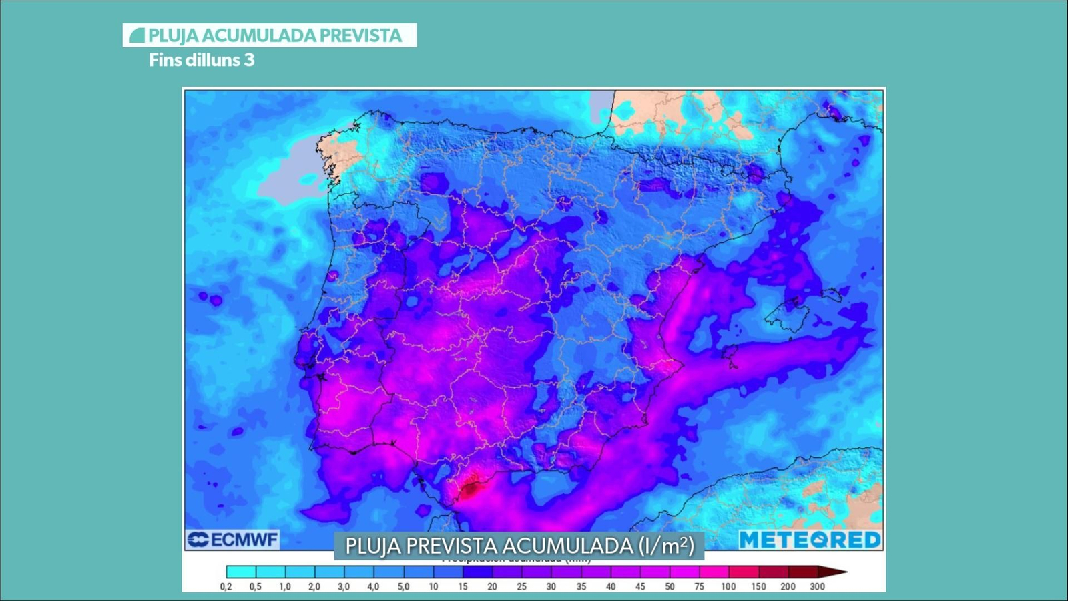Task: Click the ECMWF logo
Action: [x=232, y=540]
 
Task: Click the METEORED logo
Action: [x=810, y=540]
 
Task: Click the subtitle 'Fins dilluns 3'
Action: [x=202, y=60]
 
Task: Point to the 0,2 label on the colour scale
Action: [x=226, y=587]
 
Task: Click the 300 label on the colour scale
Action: [x=817, y=587]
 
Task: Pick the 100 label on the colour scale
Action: [x=728, y=587]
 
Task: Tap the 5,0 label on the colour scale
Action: [x=403, y=587]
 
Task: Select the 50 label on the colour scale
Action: [x=670, y=587]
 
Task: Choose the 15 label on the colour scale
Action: [x=463, y=587]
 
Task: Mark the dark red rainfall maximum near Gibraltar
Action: [x=470, y=490]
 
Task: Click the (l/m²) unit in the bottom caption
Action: [x=666, y=546]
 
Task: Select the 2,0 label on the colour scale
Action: [x=314, y=587]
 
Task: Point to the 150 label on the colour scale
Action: [x=758, y=587]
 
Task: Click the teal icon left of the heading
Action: [x=138, y=35]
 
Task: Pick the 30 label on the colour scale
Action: [x=551, y=587]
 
